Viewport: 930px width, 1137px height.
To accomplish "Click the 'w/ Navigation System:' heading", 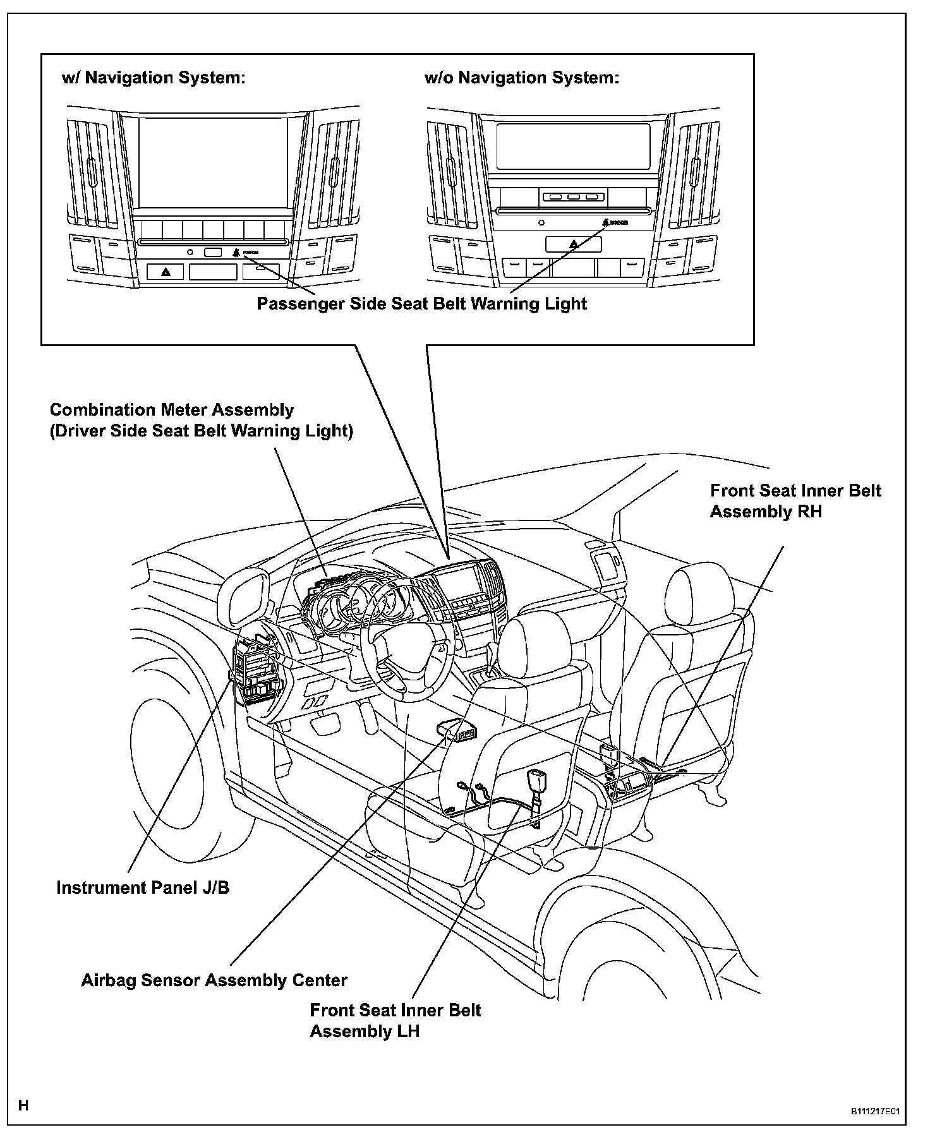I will [153, 78].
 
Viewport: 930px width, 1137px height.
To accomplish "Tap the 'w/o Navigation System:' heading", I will [522, 78].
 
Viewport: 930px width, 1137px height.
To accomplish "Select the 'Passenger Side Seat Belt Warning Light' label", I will [421, 304].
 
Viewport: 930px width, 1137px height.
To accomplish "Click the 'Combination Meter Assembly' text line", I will [172, 410].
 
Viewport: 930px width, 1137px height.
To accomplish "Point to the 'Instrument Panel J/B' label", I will [143, 887].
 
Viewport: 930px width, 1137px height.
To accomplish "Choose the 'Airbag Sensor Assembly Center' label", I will [214, 980].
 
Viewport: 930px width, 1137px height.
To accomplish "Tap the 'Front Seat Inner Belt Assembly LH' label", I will [395, 1021].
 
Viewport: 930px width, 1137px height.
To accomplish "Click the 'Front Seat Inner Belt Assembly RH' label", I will [795, 501].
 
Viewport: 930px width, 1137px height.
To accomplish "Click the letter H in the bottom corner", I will [23, 1105].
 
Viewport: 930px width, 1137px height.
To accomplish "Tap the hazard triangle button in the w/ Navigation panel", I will [166, 272].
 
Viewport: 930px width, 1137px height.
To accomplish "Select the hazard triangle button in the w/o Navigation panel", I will [573, 243].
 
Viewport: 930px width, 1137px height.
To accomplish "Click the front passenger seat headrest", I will [699, 591].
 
